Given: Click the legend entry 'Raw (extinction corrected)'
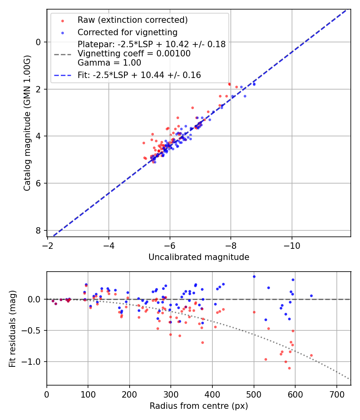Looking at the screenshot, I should coord(132,20).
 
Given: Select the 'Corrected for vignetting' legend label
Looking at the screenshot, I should coord(128,32).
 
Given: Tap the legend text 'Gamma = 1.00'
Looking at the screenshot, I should coord(109,62).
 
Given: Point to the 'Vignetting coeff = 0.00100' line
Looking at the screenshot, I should coord(134,53).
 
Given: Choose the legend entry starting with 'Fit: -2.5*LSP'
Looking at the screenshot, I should coord(139,75).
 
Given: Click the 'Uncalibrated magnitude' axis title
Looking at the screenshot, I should coord(199,257).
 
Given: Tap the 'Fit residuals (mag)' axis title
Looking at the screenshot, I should coord(12,328).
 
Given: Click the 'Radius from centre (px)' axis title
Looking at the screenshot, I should coord(199,406).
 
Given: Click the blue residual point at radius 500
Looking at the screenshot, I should coord(254,276).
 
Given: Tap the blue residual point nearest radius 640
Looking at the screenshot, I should coord(311,296).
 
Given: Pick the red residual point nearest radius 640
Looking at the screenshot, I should coord(311,355).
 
